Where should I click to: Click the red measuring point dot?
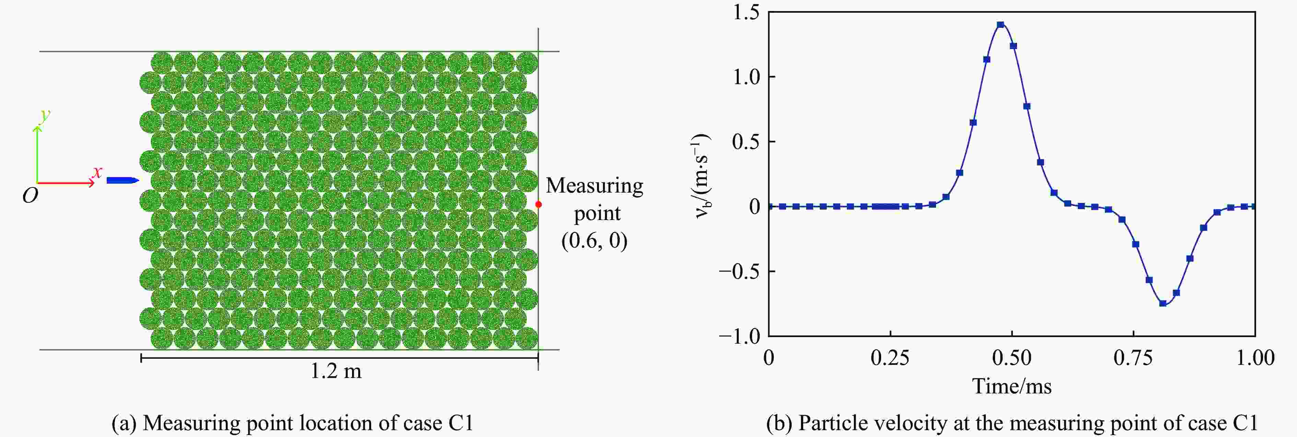click(538, 204)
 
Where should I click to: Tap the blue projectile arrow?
click(122, 180)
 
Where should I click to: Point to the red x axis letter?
click(97, 172)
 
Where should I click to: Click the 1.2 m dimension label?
click(336, 371)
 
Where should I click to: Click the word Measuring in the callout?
click(594, 186)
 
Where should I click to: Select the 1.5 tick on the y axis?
click(746, 13)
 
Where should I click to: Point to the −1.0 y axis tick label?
click(739, 336)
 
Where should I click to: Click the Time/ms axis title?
click(1012, 387)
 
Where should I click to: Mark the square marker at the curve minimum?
click(1162, 303)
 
